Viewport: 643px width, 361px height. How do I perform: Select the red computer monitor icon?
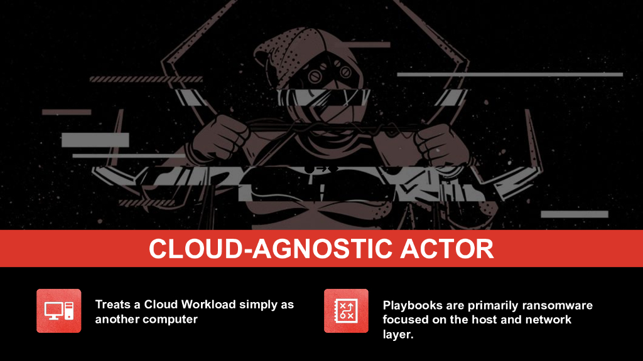click(x=58, y=311)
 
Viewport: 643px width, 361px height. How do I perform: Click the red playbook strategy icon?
click(x=346, y=311)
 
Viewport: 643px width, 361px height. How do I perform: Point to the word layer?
click(x=397, y=334)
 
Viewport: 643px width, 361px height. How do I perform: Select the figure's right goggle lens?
click(x=343, y=72)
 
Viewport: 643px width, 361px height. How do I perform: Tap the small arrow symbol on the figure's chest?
click(x=321, y=169)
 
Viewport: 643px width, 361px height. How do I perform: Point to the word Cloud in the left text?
click(x=160, y=305)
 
